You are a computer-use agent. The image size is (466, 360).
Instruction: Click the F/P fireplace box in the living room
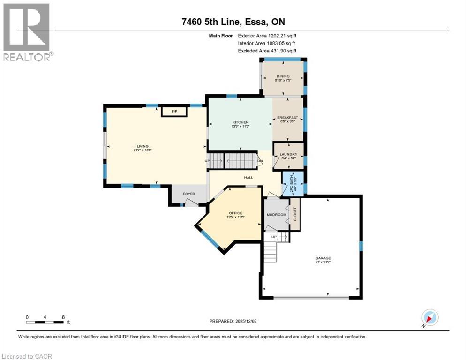174,111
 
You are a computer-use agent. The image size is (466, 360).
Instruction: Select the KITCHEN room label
240,122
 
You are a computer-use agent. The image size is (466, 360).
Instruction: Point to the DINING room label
283,76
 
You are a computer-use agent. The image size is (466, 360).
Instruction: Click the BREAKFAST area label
287,117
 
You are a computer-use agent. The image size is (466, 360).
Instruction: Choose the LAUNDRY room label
288,154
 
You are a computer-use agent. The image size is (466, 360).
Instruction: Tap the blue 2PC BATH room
293,182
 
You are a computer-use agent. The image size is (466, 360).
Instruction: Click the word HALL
248,178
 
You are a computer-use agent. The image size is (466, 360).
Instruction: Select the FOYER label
188,193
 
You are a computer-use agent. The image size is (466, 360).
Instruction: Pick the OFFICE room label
235,213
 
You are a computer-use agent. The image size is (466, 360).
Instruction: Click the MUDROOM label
276,214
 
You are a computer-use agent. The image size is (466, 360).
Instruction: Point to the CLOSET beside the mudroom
295,214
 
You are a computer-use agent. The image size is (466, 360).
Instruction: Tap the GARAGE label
323,258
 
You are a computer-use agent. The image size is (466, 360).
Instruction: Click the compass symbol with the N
429,317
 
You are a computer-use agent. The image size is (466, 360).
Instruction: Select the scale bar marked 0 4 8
45,322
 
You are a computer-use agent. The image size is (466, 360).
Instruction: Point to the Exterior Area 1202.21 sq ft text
267,35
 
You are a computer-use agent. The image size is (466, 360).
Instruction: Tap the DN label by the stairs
260,161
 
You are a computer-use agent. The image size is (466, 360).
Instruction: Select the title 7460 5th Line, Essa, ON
233,22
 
